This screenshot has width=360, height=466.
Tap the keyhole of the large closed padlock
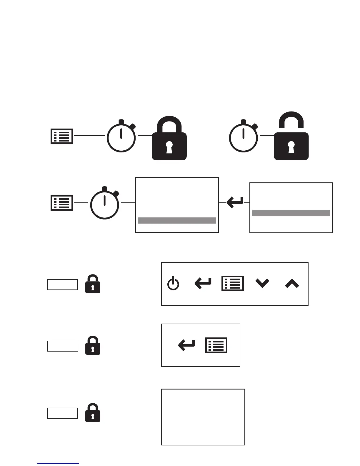(x=169, y=147)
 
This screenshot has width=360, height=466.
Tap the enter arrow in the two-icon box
(x=186, y=345)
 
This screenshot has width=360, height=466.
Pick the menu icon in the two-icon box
(x=216, y=345)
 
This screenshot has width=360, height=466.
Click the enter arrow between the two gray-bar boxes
(x=235, y=203)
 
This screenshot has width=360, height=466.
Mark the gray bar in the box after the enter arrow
(x=291, y=213)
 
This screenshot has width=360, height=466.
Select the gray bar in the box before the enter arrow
(x=177, y=221)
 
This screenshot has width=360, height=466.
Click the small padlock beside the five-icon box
(x=93, y=284)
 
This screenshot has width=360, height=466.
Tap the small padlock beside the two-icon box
(x=93, y=346)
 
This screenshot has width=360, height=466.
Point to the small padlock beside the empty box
(x=93, y=413)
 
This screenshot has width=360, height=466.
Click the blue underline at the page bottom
(x=58, y=464)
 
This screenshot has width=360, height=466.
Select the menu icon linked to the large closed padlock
(x=62, y=136)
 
